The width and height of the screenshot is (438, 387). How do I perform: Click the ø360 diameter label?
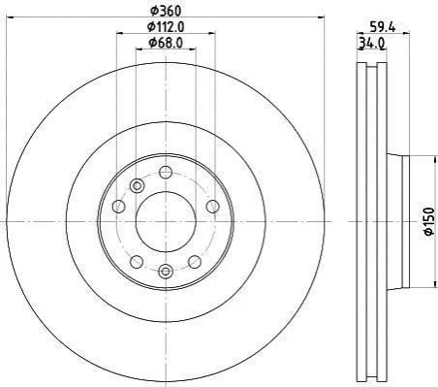coord(166,11)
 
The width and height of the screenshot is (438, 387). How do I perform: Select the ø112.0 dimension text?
coord(166,27)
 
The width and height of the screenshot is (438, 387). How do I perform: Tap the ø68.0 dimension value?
coord(166,43)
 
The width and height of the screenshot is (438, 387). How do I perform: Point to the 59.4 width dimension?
coord(383,27)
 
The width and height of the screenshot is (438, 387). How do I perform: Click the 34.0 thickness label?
coord(371,43)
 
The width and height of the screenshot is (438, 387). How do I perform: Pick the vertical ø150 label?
coord(428,221)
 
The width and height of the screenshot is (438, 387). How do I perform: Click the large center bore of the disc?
coord(166,222)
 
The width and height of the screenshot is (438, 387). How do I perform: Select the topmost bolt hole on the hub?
coord(166,172)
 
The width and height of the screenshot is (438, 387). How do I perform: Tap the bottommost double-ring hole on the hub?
coord(166,272)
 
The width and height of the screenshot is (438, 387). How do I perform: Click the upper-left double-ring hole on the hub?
coord(137,186)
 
